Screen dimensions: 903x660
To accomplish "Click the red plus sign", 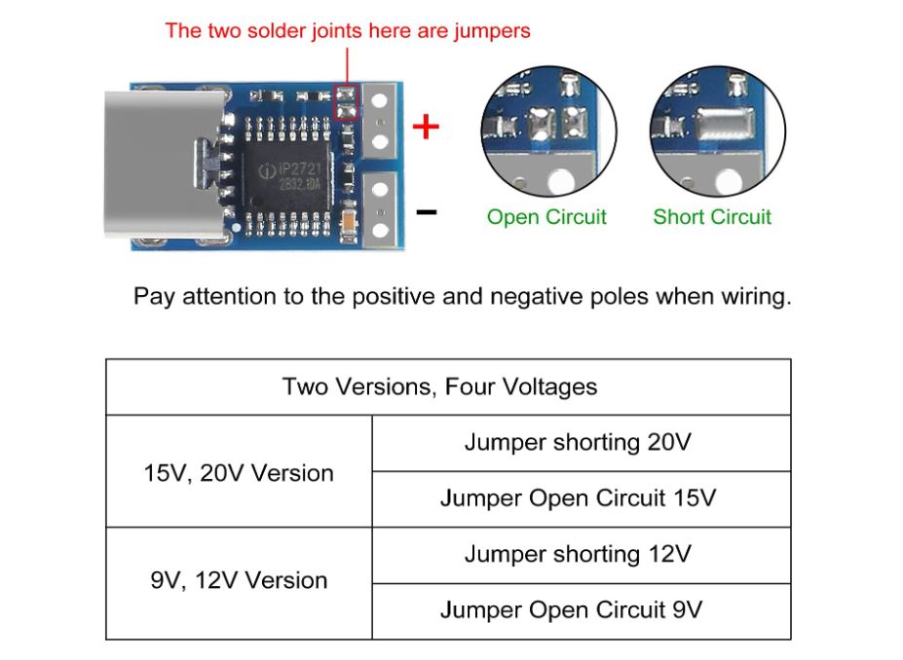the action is pos(426,127).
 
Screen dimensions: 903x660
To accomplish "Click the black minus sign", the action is pos(426,212).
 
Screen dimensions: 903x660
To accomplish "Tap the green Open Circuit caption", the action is pos(546,217).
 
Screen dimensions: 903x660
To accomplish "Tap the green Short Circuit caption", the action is pos(712,217).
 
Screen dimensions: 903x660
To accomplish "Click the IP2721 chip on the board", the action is pos(286,176).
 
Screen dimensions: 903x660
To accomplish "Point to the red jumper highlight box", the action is pos(347,102).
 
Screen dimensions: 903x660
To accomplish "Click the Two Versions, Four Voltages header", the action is pos(440,386).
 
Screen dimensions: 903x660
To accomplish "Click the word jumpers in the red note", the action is pos(492,31).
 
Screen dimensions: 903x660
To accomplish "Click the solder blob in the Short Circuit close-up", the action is pos(725,125).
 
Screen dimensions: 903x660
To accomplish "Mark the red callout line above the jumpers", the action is pos(347,66).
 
